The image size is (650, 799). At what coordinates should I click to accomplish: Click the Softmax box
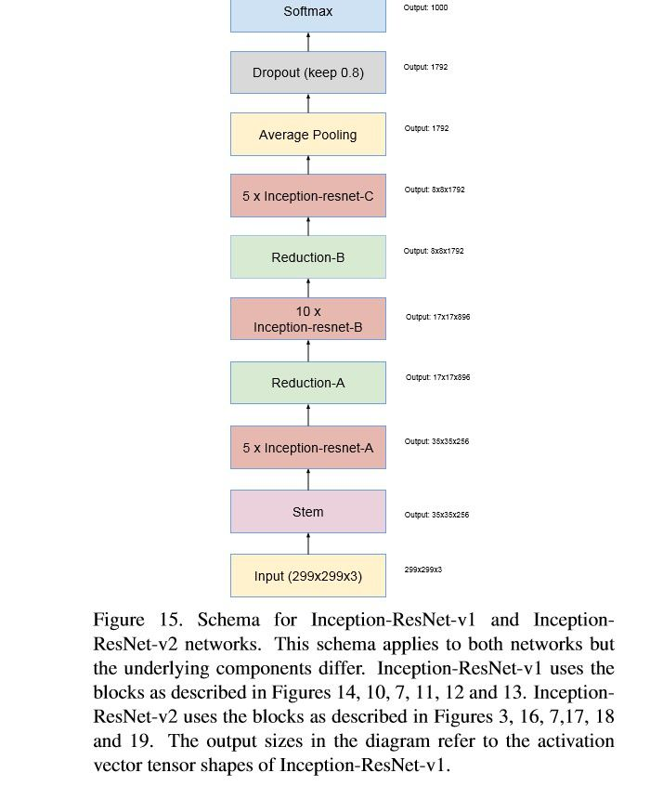point(307,14)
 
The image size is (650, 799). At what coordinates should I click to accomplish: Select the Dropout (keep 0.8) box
point(307,72)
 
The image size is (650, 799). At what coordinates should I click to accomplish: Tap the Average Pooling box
point(307,135)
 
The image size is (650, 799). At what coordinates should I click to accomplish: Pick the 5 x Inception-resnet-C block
point(307,196)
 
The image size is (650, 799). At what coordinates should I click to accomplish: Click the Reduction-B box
point(307,257)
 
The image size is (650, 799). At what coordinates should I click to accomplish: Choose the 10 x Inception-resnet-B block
point(307,319)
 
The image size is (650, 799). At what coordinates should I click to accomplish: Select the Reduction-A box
point(307,383)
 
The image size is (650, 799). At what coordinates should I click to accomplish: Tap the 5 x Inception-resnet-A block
point(307,448)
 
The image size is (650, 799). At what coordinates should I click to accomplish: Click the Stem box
point(307,512)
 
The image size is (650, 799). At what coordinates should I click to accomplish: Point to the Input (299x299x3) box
point(307,576)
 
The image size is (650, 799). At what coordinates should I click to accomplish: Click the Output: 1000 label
point(425,7)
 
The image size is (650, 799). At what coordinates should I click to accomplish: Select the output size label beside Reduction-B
point(434,251)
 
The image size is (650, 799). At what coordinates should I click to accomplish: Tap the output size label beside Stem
point(436,515)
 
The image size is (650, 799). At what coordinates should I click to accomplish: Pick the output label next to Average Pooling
point(426,128)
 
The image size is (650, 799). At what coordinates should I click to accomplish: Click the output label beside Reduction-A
point(437,377)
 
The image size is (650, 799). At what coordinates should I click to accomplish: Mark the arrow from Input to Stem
point(308,544)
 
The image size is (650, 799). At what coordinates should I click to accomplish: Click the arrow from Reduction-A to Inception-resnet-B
point(308,351)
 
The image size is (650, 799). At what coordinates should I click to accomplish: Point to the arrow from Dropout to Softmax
point(308,42)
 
